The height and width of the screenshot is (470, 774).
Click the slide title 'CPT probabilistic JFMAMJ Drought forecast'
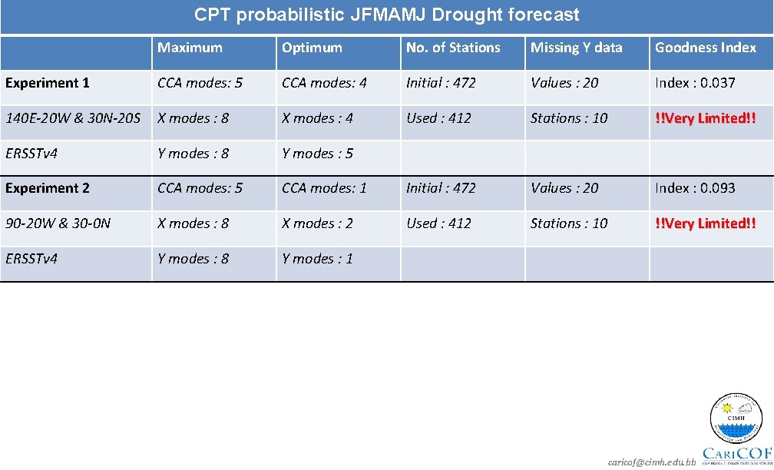[386, 15]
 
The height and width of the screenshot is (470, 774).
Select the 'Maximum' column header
[190, 48]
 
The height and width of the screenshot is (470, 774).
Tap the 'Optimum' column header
[312, 48]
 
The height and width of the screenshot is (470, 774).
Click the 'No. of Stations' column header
[453, 48]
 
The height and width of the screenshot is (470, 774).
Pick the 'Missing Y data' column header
[576, 48]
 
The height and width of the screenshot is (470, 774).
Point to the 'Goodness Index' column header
[705, 48]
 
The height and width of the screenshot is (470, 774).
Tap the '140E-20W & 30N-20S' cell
[73, 118]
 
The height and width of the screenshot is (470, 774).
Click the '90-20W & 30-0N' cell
[58, 223]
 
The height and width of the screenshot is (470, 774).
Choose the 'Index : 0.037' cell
[695, 83]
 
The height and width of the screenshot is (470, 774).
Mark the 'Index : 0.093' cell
[695, 188]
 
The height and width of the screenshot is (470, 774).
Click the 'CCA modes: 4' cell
[324, 83]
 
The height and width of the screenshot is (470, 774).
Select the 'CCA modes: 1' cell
[324, 188]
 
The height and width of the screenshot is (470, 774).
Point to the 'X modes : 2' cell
[317, 223]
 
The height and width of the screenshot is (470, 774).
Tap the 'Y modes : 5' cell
[317, 154]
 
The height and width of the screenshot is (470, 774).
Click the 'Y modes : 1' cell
[317, 259]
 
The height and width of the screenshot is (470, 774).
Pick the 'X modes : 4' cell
[317, 118]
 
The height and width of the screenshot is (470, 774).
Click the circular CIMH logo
[736, 419]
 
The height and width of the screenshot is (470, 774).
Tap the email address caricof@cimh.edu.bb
[651, 462]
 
